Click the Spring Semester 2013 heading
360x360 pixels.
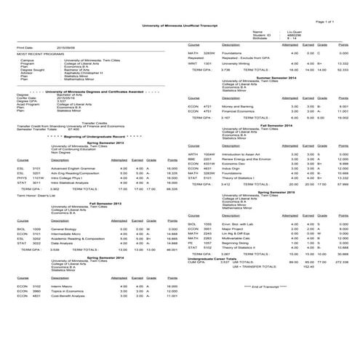tap(106, 143)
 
